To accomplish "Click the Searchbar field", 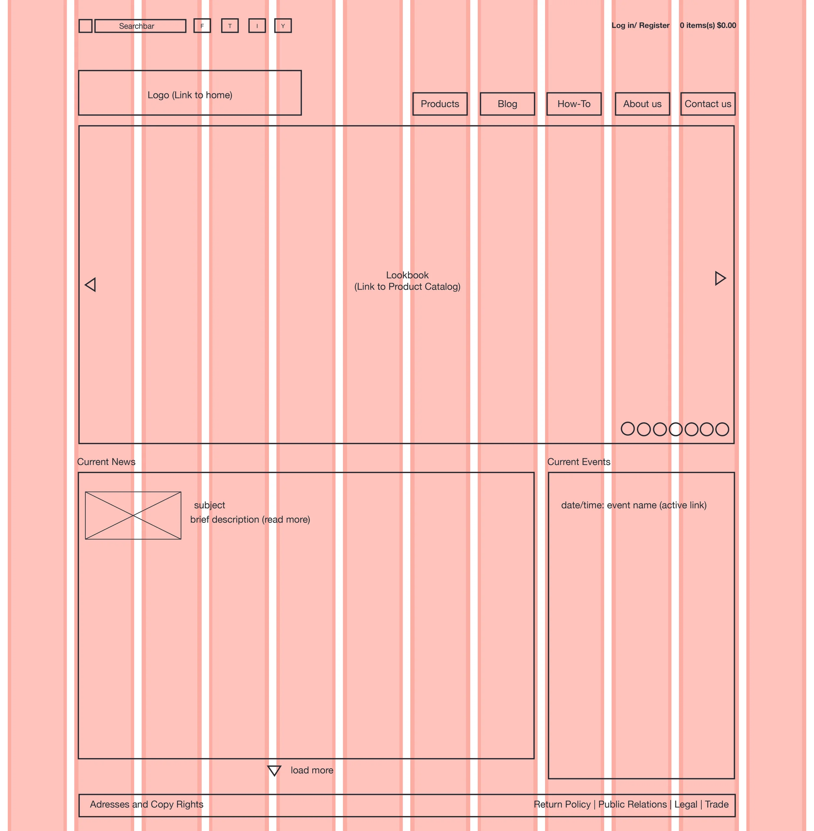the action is [140, 26].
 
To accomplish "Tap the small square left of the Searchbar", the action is [86, 26].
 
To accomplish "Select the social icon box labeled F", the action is [202, 26].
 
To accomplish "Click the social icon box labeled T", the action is [230, 26].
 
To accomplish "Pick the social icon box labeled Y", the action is [283, 26].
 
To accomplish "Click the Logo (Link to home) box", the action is [190, 93].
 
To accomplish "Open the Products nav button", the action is [440, 104].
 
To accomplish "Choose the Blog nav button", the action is [508, 104].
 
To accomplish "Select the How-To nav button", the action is [574, 104].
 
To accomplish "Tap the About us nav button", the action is [642, 104].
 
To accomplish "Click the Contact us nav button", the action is [708, 104].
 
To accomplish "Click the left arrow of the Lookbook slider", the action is [91, 285].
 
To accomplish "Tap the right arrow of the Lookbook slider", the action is [720, 279].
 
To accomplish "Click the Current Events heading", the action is [579, 462].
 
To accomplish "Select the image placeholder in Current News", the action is [133, 516].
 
